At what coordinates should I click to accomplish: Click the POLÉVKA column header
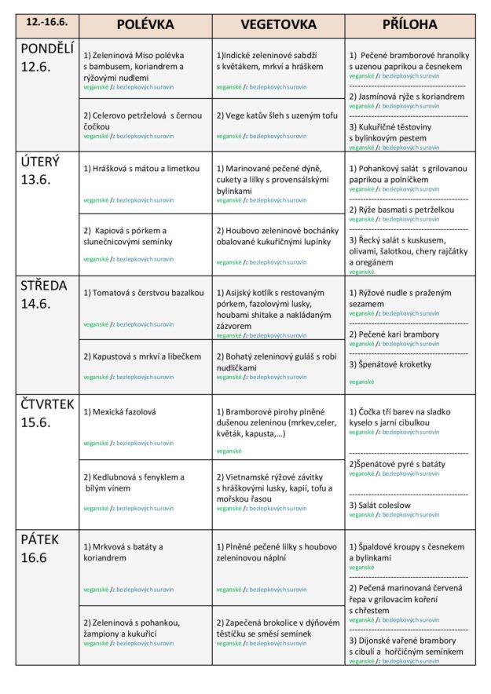point(145,24)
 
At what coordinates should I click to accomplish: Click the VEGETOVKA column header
point(278,24)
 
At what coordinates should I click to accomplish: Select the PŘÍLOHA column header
point(409,24)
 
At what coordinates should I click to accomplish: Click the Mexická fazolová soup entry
point(119,411)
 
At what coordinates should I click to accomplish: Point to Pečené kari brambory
point(394,334)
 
